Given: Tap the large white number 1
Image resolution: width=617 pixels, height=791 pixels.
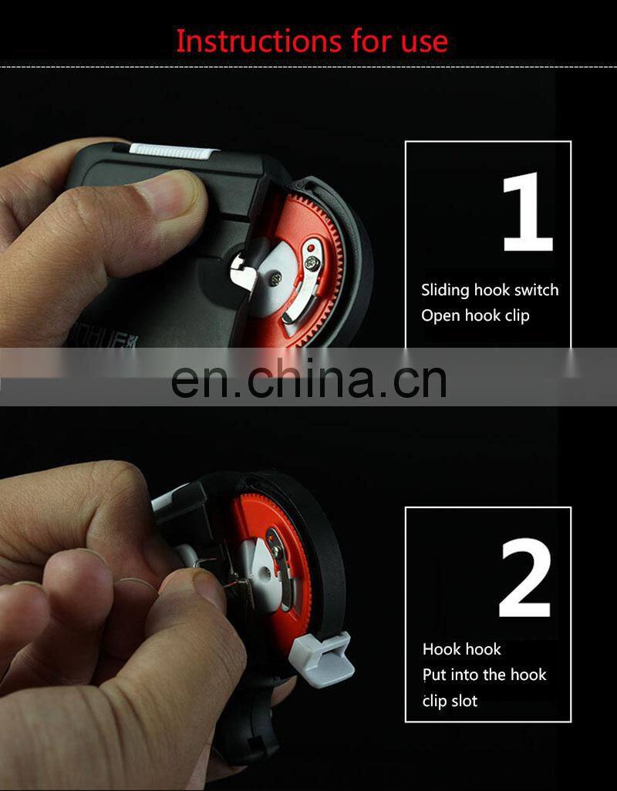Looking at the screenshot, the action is (x=528, y=211).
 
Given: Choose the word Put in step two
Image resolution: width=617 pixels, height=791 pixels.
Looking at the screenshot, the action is (x=434, y=675).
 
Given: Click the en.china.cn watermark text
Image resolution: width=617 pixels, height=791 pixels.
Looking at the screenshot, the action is (x=308, y=379).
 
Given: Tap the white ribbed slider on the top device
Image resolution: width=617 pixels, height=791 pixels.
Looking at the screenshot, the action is (x=174, y=151).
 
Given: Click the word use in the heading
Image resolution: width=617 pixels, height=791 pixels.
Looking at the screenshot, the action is (x=424, y=42).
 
